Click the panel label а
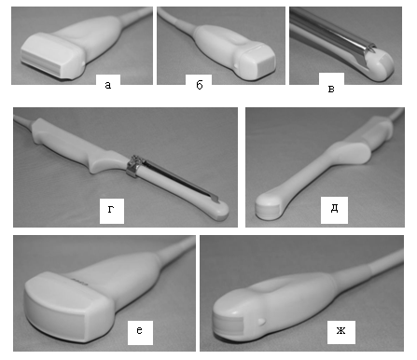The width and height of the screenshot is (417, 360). pos(108,85)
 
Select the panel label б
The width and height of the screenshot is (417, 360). pos(200,85)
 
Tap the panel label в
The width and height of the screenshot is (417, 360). pos(331,90)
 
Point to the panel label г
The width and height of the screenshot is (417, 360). pos(111,209)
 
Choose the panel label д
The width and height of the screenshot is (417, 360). pos(334,209)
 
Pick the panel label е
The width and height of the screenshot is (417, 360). pos(140,330)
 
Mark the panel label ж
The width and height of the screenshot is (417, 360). pos(341,330)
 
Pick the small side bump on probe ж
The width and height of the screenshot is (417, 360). pos(262,322)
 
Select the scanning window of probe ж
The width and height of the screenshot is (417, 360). pos(229,325)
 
